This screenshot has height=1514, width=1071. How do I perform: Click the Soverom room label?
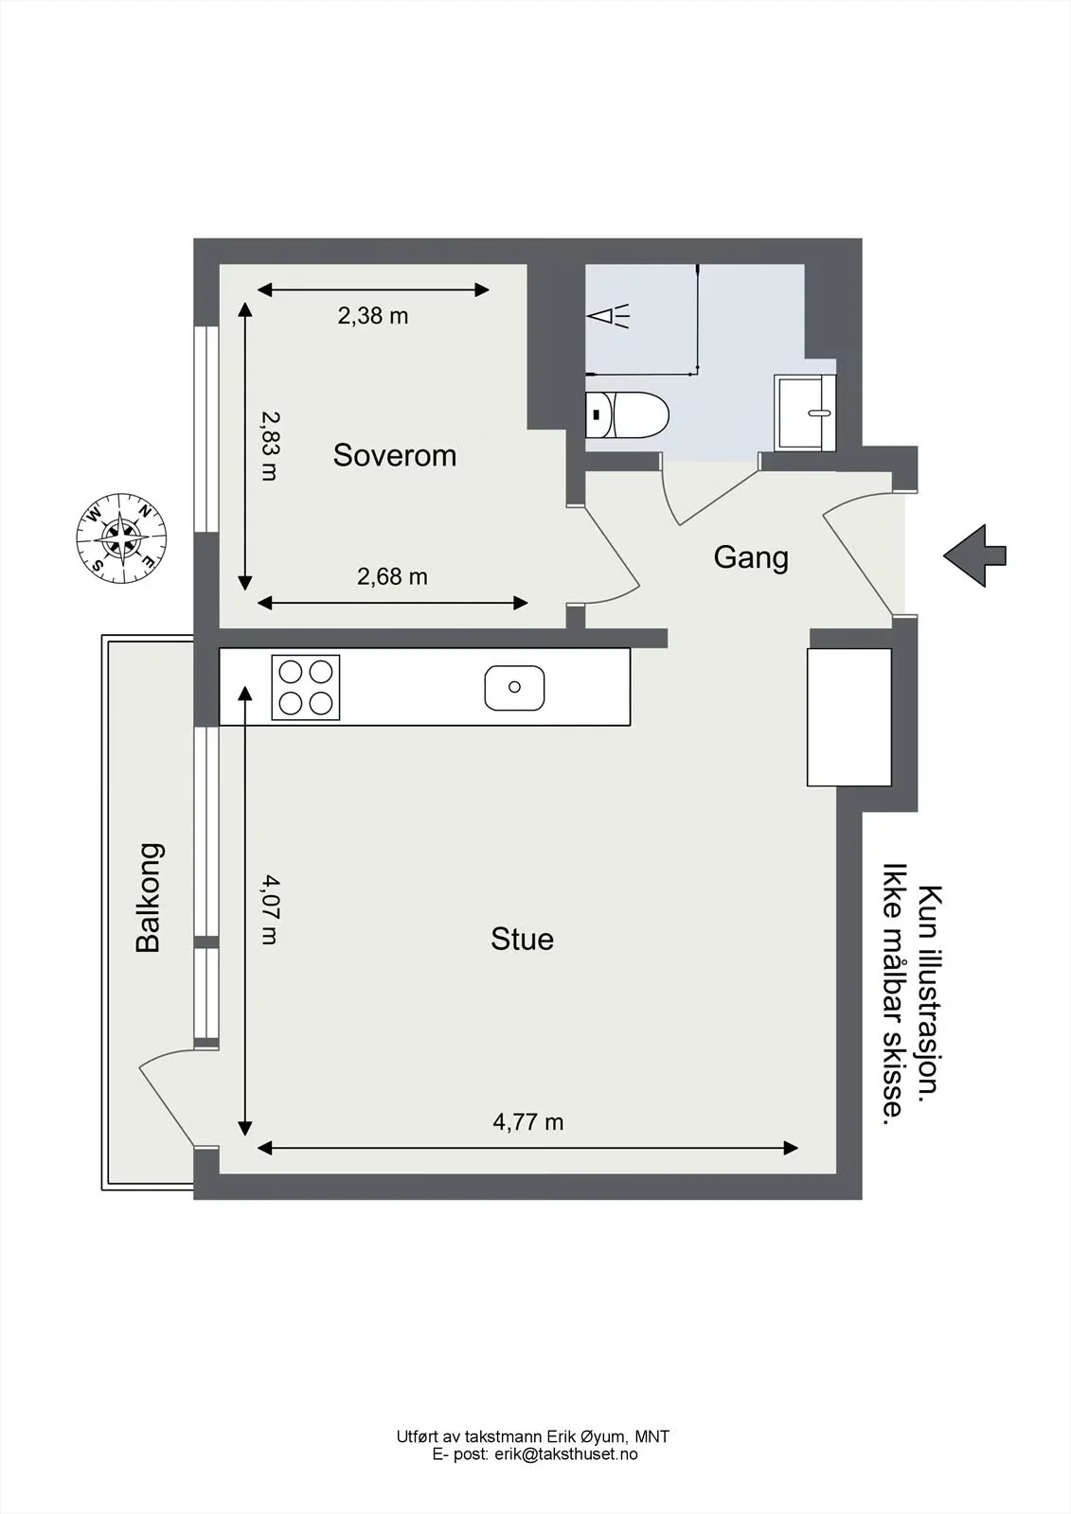(395, 455)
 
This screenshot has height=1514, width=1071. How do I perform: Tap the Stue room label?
(523, 940)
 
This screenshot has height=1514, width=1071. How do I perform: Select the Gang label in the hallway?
(751, 558)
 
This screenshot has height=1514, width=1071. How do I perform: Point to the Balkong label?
(149, 898)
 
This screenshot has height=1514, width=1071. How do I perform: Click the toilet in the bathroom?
(627, 415)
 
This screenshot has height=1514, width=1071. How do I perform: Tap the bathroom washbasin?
(805, 413)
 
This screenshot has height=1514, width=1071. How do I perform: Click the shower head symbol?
(608, 316)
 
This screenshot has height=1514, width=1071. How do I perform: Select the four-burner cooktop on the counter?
(306, 687)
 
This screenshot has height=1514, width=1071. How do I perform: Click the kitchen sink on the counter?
(514, 687)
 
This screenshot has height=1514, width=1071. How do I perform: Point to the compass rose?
(121, 538)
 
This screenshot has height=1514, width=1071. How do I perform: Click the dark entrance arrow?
(975, 555)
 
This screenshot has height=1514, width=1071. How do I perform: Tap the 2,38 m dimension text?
(373, 316)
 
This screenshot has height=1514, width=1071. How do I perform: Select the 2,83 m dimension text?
(270, 446)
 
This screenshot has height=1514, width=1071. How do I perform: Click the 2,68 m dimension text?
(392, 576)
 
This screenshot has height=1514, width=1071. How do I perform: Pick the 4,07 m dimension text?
(270, 909)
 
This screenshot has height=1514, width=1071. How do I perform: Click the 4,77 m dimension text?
(527, 1122)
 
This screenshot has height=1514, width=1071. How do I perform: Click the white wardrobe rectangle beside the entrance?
(849, 717)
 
